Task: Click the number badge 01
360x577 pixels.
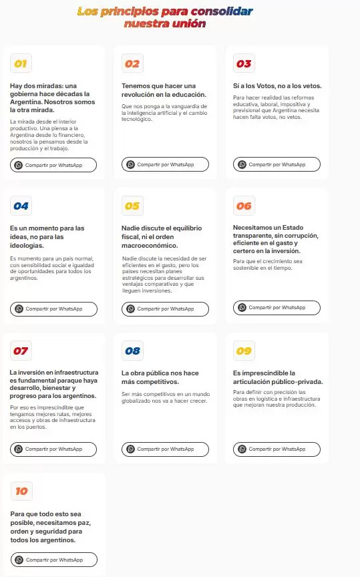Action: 21,64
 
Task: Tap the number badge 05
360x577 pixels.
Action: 132,206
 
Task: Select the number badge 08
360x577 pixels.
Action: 132,351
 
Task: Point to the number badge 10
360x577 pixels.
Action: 21,491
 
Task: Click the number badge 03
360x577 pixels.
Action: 244,64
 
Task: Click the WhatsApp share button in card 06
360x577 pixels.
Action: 277,308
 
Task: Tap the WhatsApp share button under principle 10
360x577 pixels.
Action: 53,560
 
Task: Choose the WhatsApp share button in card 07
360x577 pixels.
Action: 53,449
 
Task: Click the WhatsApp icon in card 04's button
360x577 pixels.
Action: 19,309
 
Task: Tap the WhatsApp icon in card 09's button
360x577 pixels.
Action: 242,449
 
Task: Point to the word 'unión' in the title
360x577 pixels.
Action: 189,24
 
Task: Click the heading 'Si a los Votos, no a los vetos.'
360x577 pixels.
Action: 277,85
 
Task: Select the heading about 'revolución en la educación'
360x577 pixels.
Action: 158,89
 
